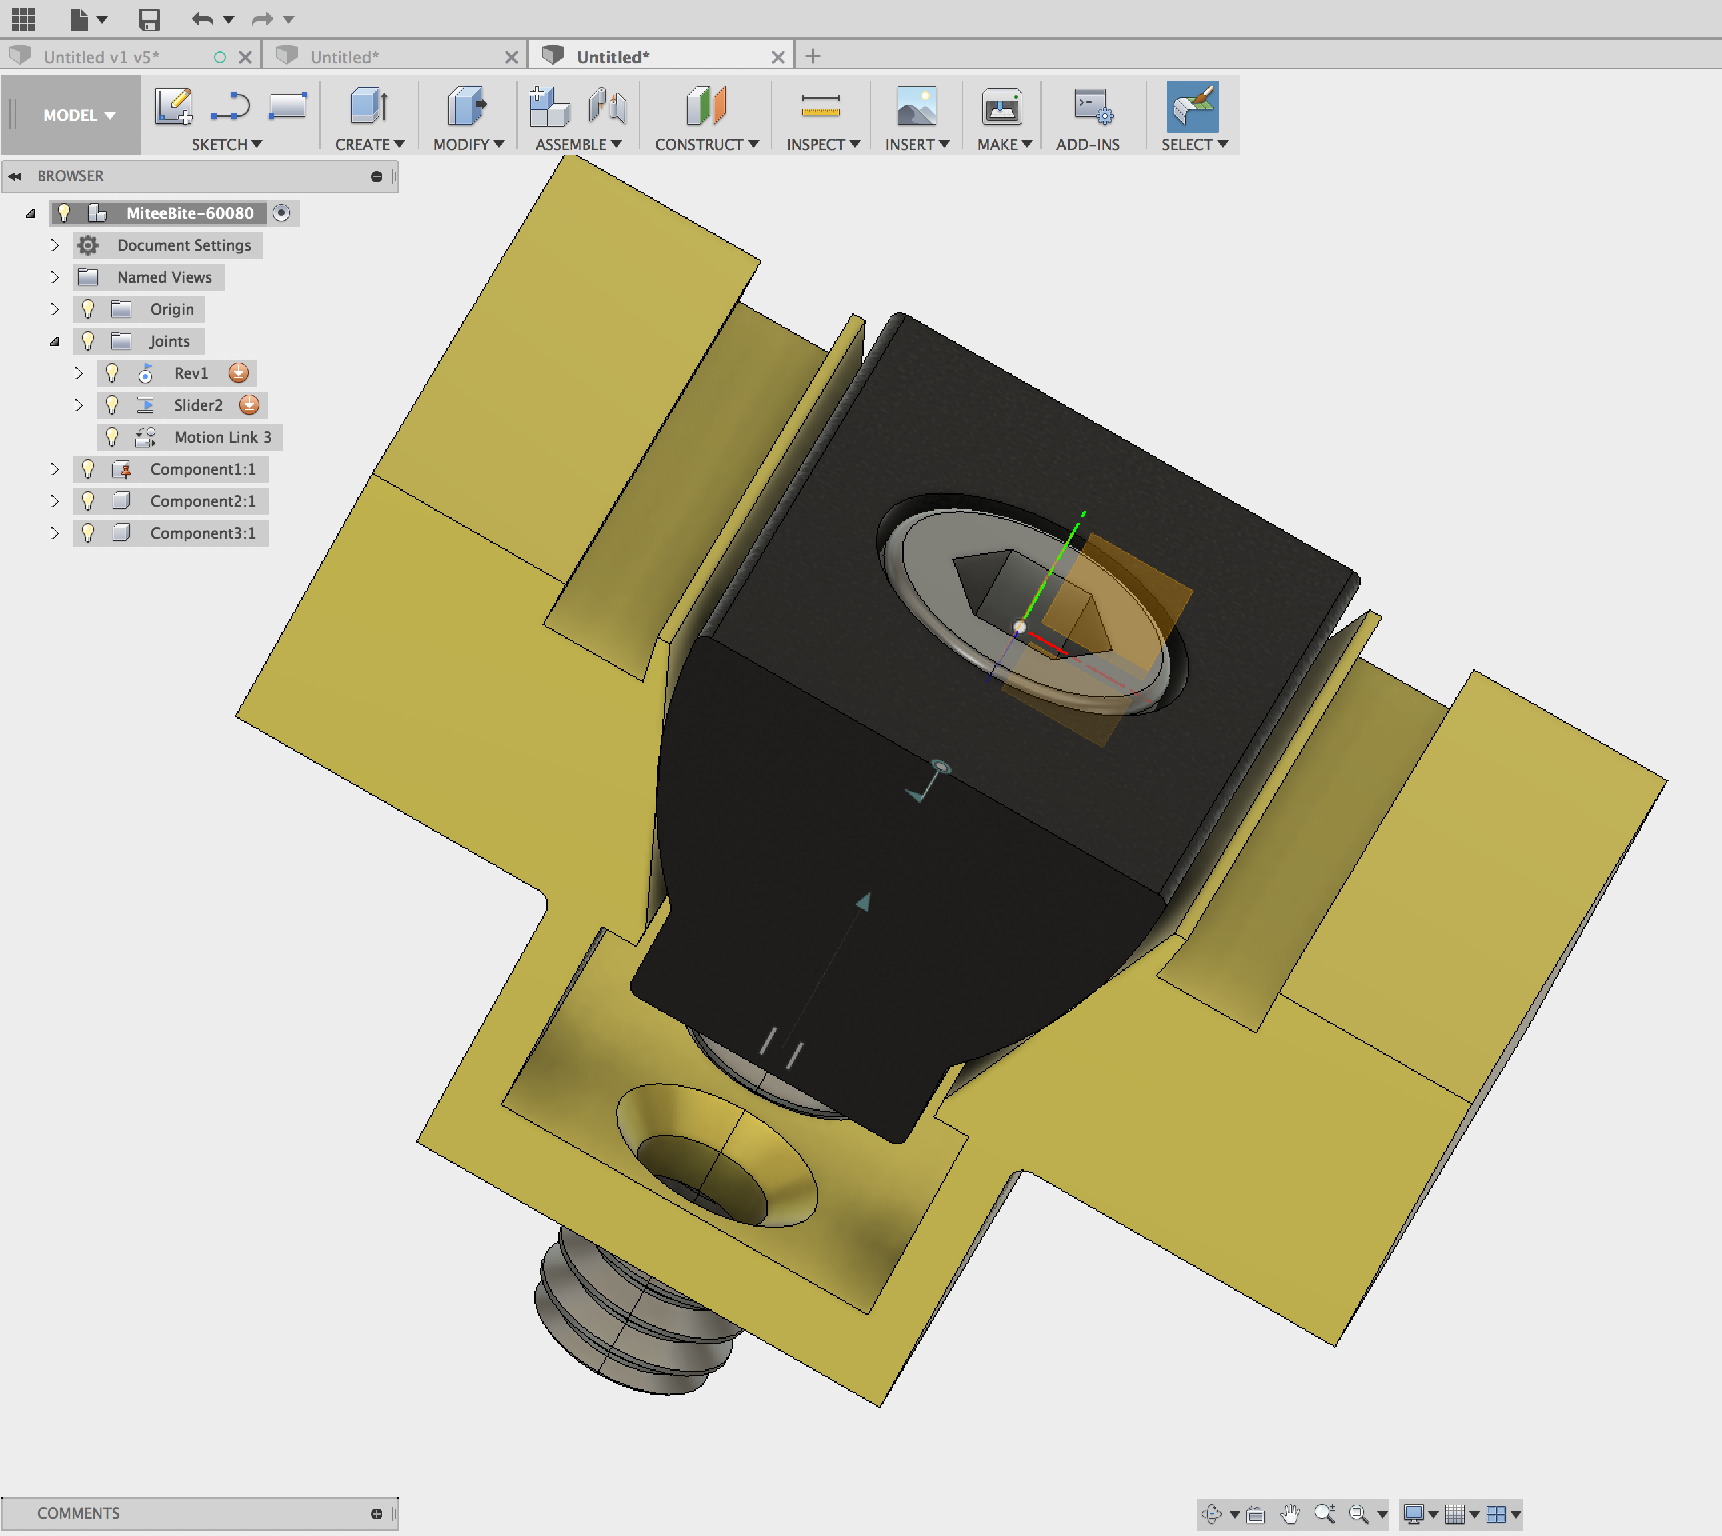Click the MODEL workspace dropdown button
[79, 115]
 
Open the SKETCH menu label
[226, 144]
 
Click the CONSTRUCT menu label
[706, 144]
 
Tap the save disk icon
[149, 19]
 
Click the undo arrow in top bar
[201, 19]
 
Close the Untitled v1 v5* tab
[245, 57]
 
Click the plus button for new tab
[812, 57]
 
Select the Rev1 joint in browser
[191, 373]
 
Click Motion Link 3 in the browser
[222, 437]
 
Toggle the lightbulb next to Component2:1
[88, 501]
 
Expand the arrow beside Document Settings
[54, 245]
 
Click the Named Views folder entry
[164, 277]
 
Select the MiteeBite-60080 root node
[189, 213]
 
